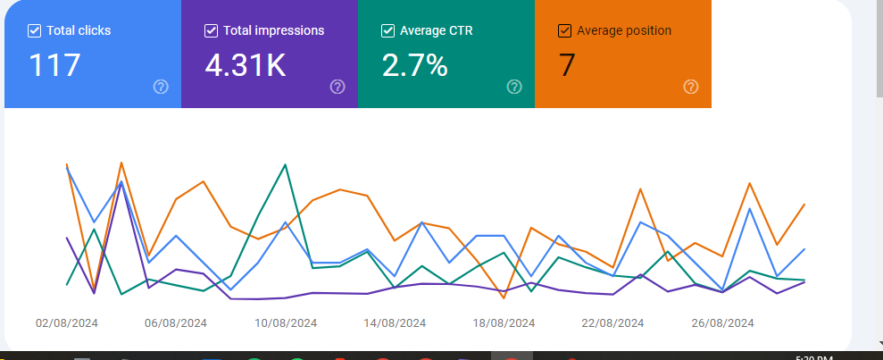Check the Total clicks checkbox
[35, 31]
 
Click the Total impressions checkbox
[212, 31]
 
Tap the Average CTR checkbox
[388, 31]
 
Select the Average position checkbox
[564, 31]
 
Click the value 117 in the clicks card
[54, 65]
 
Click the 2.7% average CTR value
[415, 65]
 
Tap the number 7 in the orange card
[567, 65]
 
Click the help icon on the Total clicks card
[161, 87]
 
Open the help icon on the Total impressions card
[337, 87]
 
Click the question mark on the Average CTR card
[514, 87]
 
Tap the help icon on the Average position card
[691, 87]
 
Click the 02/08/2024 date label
[67, 323]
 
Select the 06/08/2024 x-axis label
[176, 323]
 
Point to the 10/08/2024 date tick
[286, 323]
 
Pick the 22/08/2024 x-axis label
[613, 323]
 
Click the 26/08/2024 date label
[723, 323]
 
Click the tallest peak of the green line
[285, 164]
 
